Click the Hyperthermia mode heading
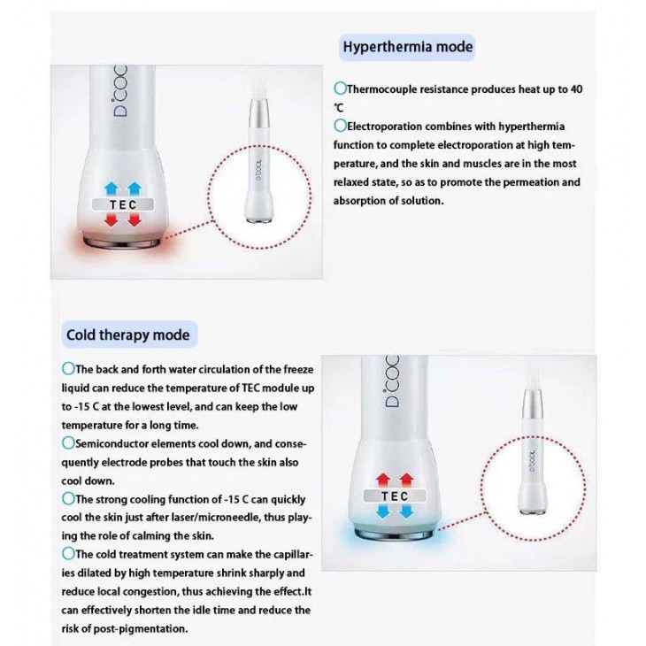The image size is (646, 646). point(407,47)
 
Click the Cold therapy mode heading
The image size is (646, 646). point(127,335)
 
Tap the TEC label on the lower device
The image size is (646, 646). point(395,496)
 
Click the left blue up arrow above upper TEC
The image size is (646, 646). point(112,188)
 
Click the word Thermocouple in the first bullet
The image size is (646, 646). point(384,89)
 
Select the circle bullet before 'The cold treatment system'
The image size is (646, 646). point(68,552)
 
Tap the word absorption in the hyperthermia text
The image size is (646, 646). point(363,201)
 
